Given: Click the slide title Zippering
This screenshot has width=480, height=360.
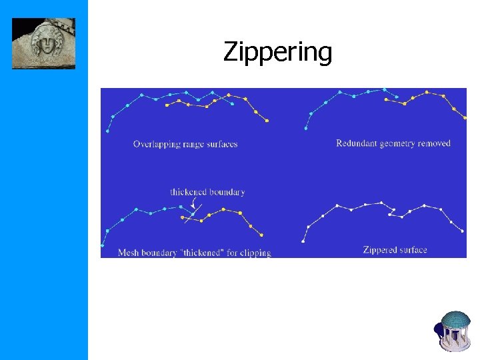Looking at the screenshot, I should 277,51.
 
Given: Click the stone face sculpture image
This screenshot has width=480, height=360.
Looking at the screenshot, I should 43,43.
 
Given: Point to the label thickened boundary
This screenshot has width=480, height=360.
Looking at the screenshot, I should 207,192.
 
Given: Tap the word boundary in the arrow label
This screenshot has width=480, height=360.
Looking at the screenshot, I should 227,192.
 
